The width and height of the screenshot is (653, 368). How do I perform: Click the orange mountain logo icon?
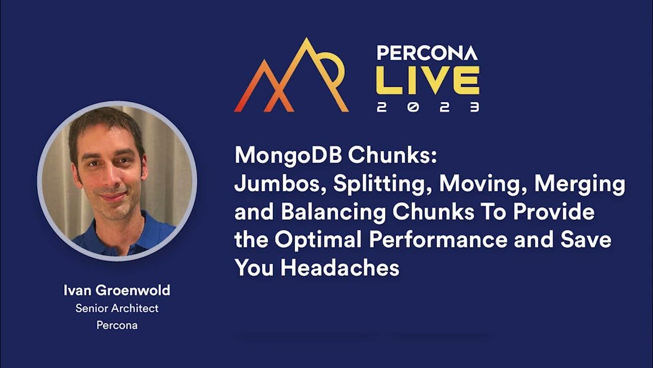pos(291,77)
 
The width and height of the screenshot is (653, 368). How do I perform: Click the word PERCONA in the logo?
pos(427,53)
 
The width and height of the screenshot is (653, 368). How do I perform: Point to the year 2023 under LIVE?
pos(428,107)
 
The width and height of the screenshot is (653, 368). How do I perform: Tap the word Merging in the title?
pos(580,185)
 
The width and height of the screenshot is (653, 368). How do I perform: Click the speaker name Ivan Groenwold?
pos(117,291)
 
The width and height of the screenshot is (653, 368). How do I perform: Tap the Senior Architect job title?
pos(117,308)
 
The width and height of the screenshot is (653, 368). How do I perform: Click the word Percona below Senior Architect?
pos(117,325)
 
